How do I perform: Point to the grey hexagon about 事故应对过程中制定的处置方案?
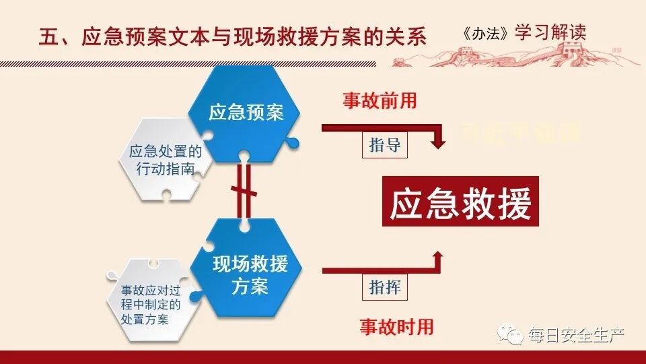[151, 304]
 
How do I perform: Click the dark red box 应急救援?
[461, 202]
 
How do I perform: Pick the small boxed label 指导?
[386, 146]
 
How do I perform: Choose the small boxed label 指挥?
[386, 287]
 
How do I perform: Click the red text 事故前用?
[380, 101]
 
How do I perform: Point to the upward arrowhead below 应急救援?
[438, 257]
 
